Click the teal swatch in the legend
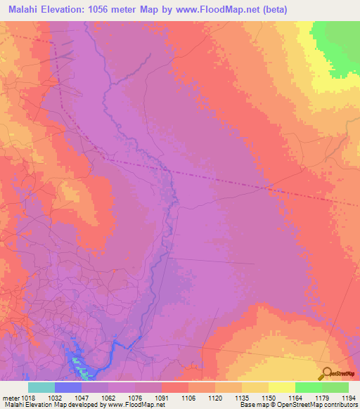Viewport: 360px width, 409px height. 41,387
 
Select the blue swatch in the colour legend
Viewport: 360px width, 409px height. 67,387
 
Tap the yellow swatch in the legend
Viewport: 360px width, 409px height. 281,387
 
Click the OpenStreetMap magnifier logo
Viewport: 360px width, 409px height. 326,373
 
